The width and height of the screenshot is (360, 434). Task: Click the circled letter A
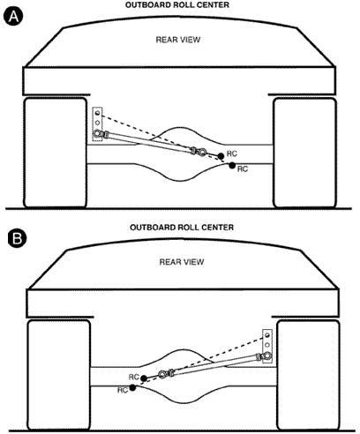13,17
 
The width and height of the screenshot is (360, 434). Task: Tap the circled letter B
17,238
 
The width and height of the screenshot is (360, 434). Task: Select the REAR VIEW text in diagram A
178,40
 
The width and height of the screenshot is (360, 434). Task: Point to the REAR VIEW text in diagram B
182,262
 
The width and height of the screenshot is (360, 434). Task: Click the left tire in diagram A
56,153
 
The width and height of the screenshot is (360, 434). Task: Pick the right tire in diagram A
304,153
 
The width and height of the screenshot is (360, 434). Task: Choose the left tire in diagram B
59,375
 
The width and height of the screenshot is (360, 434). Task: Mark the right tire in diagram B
308,375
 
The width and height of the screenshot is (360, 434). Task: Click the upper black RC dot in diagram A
221,156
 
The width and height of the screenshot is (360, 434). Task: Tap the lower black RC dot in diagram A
232,165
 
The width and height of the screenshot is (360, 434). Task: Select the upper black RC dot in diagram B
144,378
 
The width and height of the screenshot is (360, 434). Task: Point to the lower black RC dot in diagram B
132,387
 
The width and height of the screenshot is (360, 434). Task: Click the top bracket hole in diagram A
97,113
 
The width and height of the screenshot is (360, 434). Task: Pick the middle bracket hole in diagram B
267,345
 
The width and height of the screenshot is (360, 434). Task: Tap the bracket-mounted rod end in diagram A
97,134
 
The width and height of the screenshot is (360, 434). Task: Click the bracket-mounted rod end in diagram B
267,355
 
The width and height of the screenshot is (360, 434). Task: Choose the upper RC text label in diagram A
232,153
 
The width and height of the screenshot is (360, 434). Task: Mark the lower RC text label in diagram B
123,390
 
